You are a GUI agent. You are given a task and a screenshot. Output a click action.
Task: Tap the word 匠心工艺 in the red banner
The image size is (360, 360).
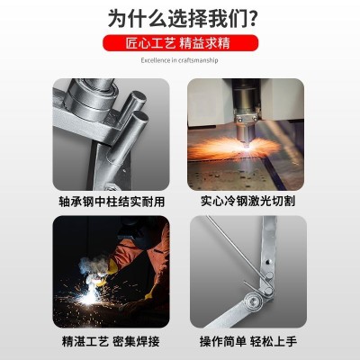point(150,42)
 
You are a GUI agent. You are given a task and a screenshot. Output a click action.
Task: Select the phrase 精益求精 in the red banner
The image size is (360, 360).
point(208,42)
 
